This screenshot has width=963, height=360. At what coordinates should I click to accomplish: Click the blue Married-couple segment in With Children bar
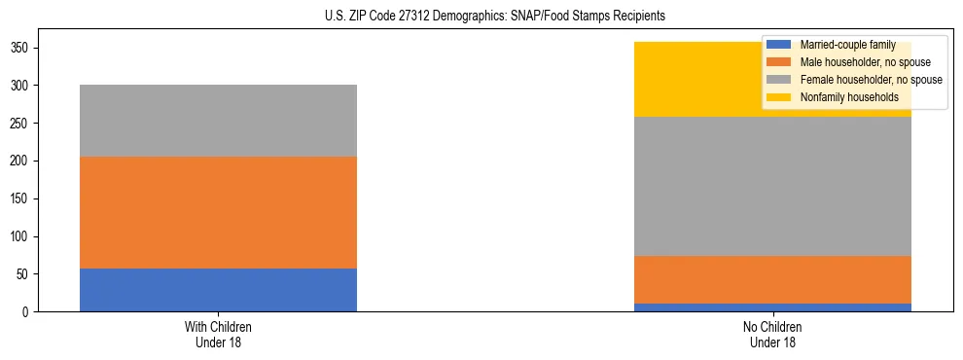point(218,290)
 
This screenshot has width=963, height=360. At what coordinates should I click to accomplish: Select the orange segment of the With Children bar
point(218,212)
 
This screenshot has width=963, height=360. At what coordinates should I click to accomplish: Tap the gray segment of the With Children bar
point(218,121)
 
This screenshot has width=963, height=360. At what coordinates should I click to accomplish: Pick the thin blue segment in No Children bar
point(773,307)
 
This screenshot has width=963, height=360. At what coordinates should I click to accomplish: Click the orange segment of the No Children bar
point(773,280)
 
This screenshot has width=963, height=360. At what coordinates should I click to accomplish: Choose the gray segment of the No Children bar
point(773,186)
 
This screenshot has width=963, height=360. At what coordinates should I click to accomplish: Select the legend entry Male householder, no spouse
point(851,62)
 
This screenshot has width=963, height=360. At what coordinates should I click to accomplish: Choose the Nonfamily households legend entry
point(842,97)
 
